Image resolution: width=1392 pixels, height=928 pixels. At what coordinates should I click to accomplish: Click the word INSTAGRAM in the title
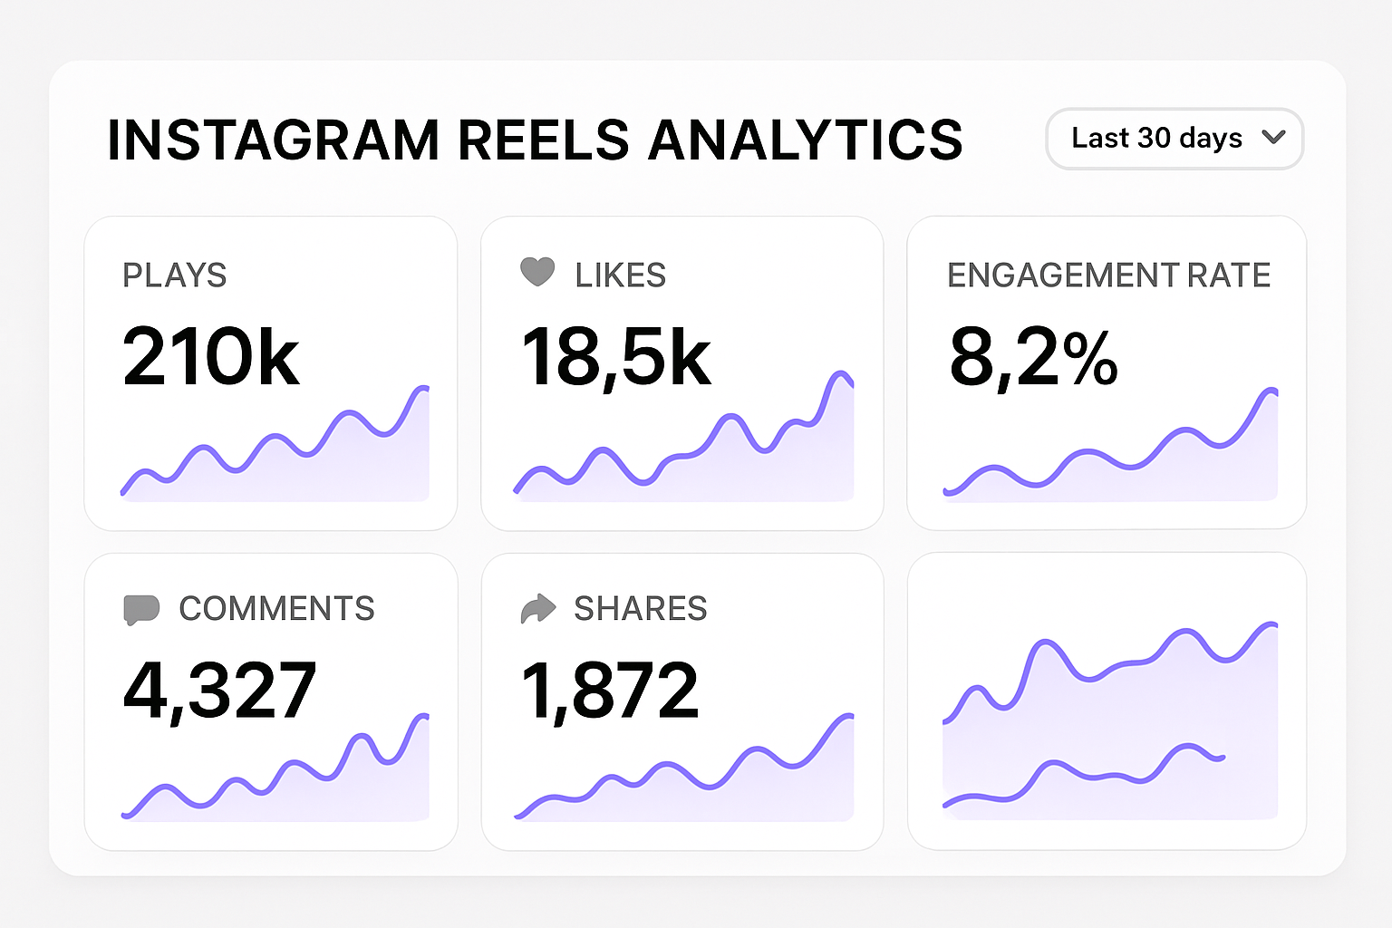click(273, 140)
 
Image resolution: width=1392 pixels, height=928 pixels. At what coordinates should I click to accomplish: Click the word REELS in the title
click(543, 140)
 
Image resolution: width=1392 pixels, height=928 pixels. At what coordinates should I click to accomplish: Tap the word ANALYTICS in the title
click(805, 140)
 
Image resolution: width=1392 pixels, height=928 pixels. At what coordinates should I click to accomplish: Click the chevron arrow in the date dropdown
click(1273, 138)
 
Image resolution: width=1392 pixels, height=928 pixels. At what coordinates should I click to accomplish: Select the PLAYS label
click(174, 275)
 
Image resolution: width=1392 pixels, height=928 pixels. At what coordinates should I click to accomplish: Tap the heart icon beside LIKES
click(537, 272)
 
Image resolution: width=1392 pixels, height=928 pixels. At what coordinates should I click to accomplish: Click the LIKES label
click(621, 275)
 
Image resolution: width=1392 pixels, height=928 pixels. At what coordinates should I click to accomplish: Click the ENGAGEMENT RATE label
click(1108, 275)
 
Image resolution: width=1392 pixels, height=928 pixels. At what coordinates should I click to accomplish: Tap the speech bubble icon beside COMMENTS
click(141, 609)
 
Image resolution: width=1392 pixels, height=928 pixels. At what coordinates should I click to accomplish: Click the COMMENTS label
click(276, 609)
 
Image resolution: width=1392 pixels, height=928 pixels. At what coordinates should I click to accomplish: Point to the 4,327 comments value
click(219, 691)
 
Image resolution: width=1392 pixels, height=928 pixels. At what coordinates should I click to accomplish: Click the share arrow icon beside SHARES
click(537, 608)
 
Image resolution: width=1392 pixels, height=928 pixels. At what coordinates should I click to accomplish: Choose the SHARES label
click(640, 609)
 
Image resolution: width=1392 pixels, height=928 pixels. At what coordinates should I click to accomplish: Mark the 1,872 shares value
click(610, 691)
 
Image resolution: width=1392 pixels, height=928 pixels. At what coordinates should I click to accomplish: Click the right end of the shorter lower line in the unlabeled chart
click(1223, 757)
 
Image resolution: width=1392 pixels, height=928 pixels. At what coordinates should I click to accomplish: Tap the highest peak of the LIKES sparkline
click(841, 373)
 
